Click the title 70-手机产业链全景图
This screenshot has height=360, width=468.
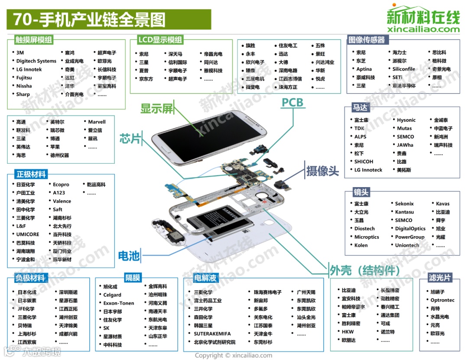[89, 20]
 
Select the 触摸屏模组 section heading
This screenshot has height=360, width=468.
[33, 40]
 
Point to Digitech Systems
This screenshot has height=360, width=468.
[36, 61]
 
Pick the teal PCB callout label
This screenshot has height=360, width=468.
[292, 103]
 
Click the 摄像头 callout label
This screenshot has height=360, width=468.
[322, 171]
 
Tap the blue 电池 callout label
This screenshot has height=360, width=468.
[129, 256]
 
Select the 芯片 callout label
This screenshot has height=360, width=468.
[130, 139]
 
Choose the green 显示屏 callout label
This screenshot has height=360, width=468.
[157, 108]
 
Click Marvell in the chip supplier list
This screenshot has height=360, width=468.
[97, 122]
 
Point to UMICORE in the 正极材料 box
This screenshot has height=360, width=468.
[28, 234]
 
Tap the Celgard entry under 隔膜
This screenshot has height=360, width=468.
[112, 295]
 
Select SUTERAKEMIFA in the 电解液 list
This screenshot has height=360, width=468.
[212, 334]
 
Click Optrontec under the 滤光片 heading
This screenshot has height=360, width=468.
[442, 300]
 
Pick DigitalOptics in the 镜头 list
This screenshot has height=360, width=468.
[410, 228]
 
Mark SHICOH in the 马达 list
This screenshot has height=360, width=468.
[364, 162]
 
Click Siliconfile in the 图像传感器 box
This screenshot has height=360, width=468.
[404, 69]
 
